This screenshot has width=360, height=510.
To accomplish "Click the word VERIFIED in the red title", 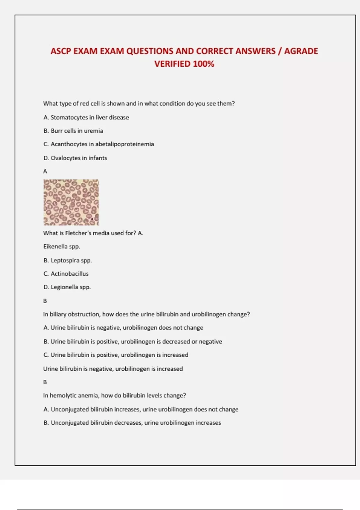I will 172,64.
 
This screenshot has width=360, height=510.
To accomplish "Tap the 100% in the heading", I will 204,64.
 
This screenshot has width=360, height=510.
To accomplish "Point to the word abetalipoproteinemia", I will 124,144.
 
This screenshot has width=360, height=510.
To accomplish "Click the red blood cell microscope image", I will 71,202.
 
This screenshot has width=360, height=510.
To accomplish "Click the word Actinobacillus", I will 70,274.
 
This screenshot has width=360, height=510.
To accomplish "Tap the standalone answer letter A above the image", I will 45,171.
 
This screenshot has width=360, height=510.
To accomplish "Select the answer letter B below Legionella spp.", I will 45,301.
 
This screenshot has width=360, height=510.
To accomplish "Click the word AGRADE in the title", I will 301,51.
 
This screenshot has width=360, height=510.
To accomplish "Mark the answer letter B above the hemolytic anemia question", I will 45,382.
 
